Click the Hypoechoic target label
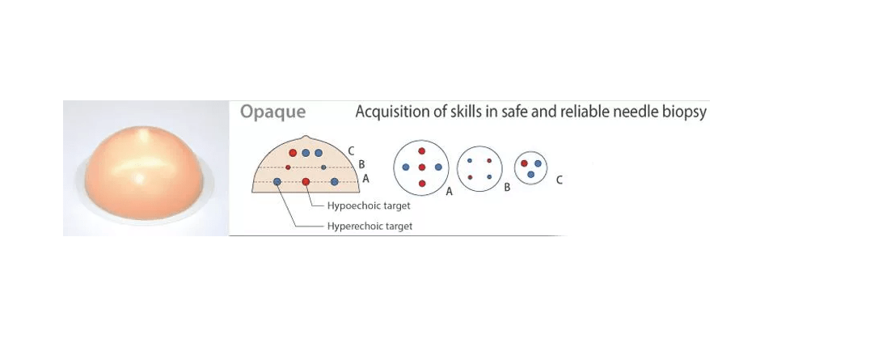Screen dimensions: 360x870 [369, 205]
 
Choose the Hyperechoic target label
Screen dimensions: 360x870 [370, 226]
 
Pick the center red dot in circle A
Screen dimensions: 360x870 [421, 167]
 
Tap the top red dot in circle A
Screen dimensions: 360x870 [421, 151]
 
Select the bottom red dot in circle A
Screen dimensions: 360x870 [421, 184]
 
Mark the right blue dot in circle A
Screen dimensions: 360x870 [437, 167]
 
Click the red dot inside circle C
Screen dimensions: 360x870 [525, 163]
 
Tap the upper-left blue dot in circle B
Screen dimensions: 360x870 [470, 160]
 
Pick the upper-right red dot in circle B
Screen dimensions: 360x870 [489, 160]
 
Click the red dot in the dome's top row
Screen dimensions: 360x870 [293, 153]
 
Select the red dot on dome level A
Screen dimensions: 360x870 [306, 181]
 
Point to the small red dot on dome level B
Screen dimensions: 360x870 [288, 167]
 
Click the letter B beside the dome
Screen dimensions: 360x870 [361, 164]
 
